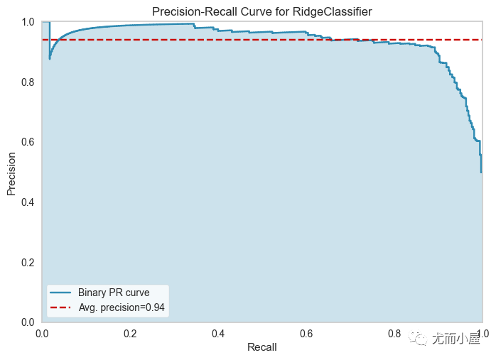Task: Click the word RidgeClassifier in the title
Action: (x=332, y=11)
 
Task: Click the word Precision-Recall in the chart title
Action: (x=195, y=11)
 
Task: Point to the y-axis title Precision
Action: (x=11, y=174)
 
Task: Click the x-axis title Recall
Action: (x=262, y=347)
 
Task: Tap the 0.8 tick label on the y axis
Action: (x=28, y=82)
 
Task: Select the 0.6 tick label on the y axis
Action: (x=28, y=142)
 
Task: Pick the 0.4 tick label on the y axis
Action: (x=28, y=202)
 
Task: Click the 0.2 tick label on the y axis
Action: (x=28, y=262)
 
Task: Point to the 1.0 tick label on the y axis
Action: (x=28, y=22)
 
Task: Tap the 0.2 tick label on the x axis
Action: (x=130, y=334)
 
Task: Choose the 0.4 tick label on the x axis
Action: (x=218, y=334)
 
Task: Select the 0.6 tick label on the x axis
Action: (x=306, y=334)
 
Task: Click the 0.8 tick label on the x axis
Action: (x=394, y=334)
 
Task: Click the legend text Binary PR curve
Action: (x=114, y=293)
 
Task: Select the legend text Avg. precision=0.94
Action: (x=122, y=307)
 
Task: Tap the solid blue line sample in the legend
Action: (x=60, y=293)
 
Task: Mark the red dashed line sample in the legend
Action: (x=60, y=307)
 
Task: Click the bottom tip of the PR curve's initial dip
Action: (x=50, y=59)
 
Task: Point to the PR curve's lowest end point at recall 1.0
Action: (x=481, y=173)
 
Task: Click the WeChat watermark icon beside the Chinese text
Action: (x=418, y=338)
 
